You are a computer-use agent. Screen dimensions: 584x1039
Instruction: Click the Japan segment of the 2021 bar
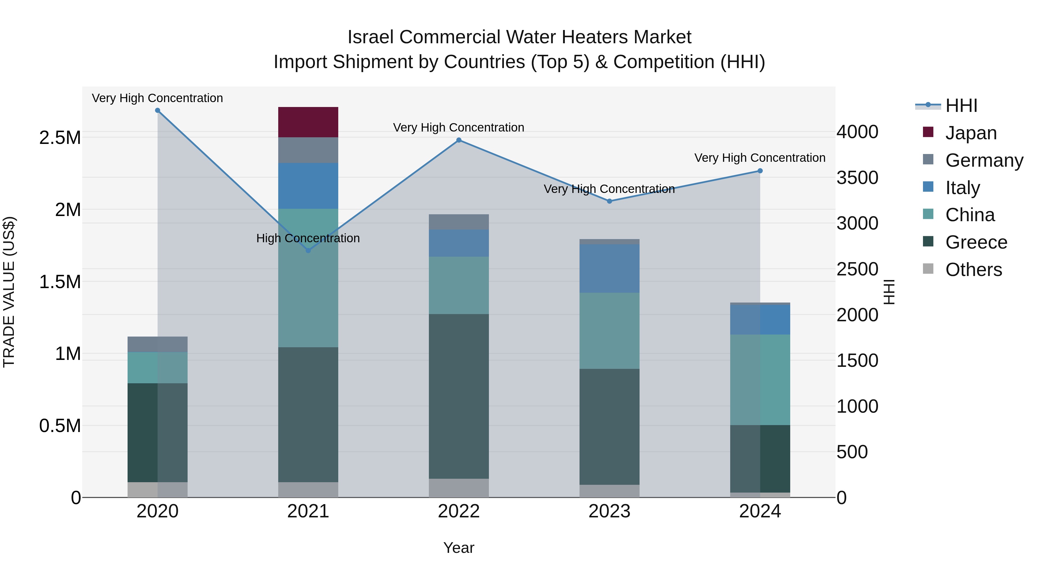(x=308, y=122)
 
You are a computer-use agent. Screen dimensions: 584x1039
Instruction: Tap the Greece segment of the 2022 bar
(x=459, y=396)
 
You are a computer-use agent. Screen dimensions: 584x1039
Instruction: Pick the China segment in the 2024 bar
(x=760, y=380)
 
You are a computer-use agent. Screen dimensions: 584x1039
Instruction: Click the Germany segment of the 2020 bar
(x=157, y=344)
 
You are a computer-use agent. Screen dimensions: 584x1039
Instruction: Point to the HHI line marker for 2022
(x=459, y=140)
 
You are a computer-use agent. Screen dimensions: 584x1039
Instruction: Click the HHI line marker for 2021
(x=308, y=251)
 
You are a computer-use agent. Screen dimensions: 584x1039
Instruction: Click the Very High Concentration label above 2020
(x=157, y=98)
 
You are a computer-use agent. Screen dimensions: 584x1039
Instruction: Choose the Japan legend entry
(x=970, y=133)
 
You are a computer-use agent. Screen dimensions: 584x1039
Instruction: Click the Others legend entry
(x=973, y=270)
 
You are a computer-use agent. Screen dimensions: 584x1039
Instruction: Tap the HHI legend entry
(x=961, y=106)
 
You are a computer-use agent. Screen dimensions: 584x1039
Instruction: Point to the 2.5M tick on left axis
(x=60, y=138)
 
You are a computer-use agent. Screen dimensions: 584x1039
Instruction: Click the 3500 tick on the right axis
(x=857, y=178)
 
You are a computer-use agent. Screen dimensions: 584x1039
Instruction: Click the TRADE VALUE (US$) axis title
(x=9, y=292)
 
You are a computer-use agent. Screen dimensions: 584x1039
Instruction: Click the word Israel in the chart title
(x=370, y=37)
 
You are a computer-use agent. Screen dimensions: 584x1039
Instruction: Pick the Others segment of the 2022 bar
(x=459, y=488)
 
